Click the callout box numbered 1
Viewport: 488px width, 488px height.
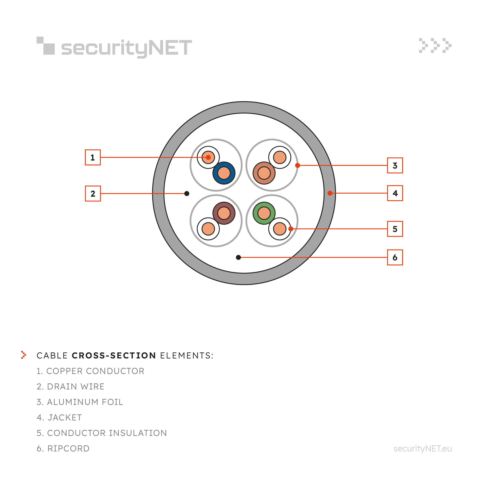click(93, 157)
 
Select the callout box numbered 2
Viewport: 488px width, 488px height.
click(93, 193)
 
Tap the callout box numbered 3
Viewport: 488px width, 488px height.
click(395, 165)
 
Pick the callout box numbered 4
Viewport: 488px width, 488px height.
click(395, 193)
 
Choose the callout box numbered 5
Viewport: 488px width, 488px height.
click(395, 229)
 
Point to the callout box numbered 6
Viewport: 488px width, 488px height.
click(395, 257)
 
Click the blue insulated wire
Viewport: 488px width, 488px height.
click(224, 173)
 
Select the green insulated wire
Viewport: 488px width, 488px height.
click(264, 213)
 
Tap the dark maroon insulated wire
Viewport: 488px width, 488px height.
click(224, 213)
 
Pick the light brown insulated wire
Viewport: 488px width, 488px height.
click(264, 173)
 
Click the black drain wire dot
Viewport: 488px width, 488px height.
click(187, 193)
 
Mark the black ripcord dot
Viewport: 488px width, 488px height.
click(238, 257)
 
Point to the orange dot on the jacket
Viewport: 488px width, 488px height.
click(330, 193)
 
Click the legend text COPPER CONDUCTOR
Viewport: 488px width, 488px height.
click(95, 371)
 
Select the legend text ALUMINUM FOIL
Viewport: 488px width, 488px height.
click(85, 402)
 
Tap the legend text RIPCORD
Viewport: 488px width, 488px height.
click(68, 448)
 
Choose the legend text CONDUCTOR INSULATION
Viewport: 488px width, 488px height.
click(107, 433)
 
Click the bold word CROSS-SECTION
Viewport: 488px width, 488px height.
click(114, 355)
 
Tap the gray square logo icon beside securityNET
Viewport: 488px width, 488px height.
click(45, 46)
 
